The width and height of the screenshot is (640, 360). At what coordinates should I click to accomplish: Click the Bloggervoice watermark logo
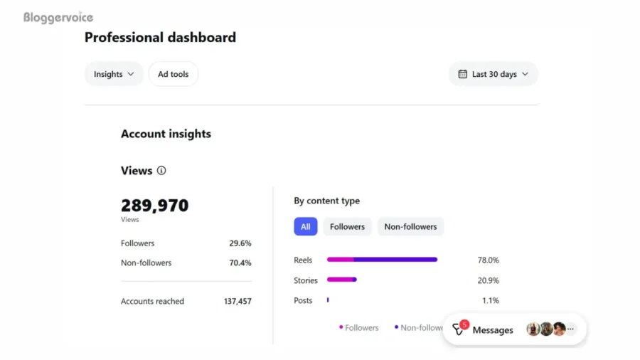click(x=58, y=18)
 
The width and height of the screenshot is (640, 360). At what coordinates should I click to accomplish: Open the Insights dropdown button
click(x=114, y=74)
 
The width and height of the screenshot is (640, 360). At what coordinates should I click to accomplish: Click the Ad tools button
click(x=173, y=74)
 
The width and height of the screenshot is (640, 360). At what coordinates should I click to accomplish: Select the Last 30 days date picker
click(x=493, y=74)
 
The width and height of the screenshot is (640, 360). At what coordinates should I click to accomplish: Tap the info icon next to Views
click(x=161, y=171)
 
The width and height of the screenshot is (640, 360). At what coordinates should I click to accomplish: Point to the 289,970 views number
click(x=154, y=206)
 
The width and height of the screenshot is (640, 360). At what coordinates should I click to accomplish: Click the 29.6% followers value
click(x=240, y=243)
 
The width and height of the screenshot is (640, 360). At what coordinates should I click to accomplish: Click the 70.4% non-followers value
click(x=240, y=263)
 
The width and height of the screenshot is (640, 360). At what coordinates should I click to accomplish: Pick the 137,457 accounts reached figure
click(x=238, y=302)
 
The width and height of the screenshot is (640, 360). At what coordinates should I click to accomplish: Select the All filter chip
click(x=305, y=227)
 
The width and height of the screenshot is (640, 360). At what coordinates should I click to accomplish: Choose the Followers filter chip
click(x=347, y=227)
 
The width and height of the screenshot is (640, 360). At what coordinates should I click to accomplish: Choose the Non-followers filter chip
click(x=410, y=227)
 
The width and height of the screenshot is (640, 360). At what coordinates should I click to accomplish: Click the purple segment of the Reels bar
click(x=395, y=260)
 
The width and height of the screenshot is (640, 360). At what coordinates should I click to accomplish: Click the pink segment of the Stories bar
click(x=339, y=280)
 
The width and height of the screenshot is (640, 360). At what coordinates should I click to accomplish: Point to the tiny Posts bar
click(x=328, y=300)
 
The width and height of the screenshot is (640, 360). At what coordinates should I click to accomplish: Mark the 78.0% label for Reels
click(x=488, y=260)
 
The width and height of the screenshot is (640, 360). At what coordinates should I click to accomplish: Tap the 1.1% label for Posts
click(x=490, y=301)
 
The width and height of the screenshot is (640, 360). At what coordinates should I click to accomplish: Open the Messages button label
click(x=493, y=330)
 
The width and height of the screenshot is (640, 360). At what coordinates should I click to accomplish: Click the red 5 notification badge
click(x=464, y=324)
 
